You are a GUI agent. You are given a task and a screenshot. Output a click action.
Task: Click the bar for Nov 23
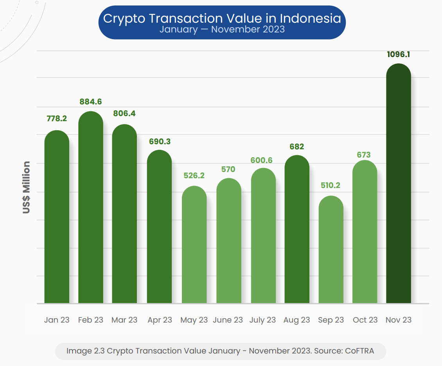398,184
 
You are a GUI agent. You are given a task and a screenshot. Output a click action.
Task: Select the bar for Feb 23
91,207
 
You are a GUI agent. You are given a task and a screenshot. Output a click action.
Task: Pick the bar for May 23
194,245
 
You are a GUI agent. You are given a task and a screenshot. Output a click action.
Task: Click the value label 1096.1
398,54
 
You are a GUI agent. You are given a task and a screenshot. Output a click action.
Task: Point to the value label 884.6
91,102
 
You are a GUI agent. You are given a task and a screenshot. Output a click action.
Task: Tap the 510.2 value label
331,185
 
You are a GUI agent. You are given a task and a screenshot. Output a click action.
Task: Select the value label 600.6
262,160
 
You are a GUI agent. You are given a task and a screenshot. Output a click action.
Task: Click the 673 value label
364,155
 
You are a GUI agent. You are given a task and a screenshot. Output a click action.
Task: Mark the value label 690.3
160,142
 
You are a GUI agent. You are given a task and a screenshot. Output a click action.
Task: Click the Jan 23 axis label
57,320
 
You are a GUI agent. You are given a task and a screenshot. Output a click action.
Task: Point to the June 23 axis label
228,320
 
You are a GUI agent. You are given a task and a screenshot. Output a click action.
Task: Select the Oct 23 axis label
365,320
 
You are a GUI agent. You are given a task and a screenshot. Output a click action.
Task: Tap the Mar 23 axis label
124,320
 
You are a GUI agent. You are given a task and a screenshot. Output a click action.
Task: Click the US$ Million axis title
26,187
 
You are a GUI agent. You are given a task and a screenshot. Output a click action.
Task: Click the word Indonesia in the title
310,18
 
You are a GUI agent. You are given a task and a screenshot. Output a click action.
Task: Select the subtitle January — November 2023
222,29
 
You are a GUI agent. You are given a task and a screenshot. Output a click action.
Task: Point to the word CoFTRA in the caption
359,351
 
